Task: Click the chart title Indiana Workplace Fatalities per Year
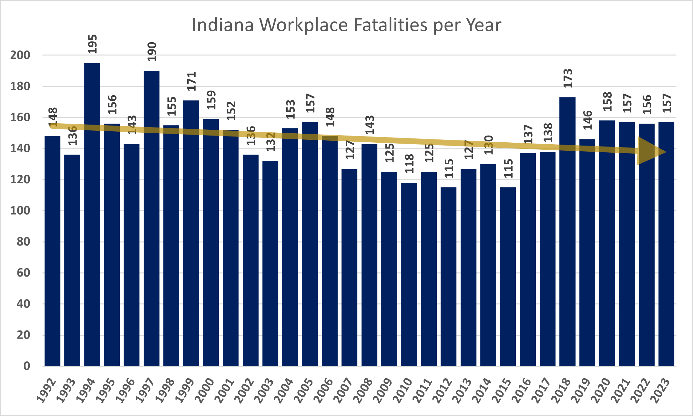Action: pos(346,25)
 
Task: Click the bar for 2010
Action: pos(409,274)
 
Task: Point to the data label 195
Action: pos(92,44)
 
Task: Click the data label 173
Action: pos(567,78)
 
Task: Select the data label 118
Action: pos(409,164)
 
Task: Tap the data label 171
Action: pos(191,81)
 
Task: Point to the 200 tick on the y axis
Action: pos(20,55)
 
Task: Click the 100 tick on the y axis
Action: pos(20,211)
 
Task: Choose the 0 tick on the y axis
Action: pos(26,366)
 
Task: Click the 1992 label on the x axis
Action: pos(46,391)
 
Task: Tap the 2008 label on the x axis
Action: pos(363,391)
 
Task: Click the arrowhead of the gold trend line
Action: pos(650,151)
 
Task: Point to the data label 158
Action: pos(607,101)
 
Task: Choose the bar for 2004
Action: pos(290,247)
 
